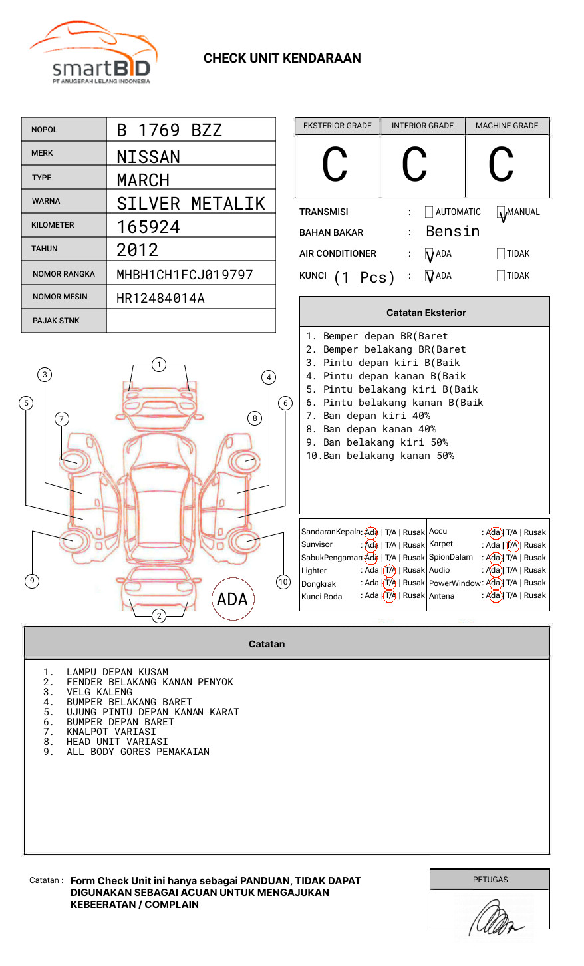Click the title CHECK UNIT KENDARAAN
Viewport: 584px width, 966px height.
click(x=282, y=59)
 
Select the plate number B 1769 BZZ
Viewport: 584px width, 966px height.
click(x=169, y=130)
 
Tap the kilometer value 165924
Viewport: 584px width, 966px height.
click(x=148, y=227)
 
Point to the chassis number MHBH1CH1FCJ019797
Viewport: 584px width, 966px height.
click(x=185, y=274)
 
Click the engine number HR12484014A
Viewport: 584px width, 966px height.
click(x=160, y=298)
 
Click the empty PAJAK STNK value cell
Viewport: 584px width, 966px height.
click(x=191, y=321)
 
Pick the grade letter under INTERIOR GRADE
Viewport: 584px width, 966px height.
click(x=414, y=165)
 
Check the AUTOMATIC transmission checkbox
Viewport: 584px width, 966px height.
click(x=429, y=212)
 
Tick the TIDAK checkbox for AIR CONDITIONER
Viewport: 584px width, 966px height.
click(x=501, y=254)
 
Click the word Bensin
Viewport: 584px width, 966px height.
click(x=452, y=232)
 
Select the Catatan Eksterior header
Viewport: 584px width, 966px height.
click(x=426, y=313)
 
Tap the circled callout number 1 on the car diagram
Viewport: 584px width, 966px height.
click(x=158, y=364)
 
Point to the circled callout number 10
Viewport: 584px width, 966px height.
click(x=283, y=582)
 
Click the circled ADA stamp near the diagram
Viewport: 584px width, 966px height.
click(x=232, y=599)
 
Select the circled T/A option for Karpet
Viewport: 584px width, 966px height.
click(x=512, y=545)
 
